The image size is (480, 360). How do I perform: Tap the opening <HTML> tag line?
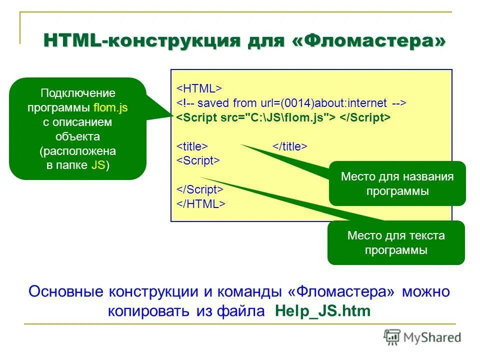(198, 88)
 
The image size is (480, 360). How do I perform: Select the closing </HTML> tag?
(200, 204)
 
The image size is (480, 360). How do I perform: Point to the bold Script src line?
(282, 117)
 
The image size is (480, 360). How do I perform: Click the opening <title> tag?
(191, 146)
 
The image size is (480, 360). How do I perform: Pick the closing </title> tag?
(289, 146)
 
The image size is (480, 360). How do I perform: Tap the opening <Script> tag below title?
(198, 160)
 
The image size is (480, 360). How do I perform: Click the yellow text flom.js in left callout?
(110, 107)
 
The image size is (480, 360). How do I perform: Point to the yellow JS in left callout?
(98, 165)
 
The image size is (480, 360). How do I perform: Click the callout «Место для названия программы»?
(397, 183)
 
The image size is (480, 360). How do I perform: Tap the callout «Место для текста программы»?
(396, 242)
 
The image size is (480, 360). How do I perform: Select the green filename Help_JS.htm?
(323, 311)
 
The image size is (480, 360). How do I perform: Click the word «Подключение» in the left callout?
(78, 93)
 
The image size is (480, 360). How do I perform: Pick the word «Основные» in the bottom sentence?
(66, 291)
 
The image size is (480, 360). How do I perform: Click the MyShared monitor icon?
(392, 337)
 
